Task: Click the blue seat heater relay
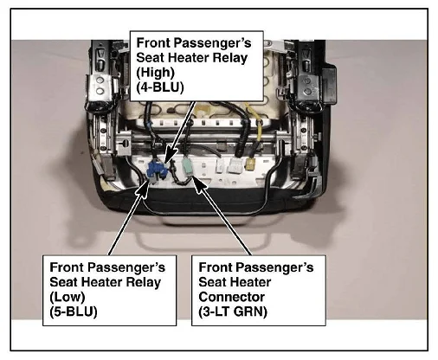coord(157,170)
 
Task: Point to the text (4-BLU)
coord(160,87)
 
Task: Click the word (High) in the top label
coord(155,73)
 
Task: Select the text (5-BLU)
coord(74,312)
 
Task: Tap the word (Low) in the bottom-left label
coord(68,297)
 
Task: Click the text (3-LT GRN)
coord(233,312)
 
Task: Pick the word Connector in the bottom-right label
coord(231,297)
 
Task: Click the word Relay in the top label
coord(230,58)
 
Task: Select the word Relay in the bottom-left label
coord(144,282)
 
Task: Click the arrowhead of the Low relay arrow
coord(143,189)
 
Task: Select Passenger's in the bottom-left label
coord(126,267)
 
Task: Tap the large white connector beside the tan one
coord(235,165)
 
